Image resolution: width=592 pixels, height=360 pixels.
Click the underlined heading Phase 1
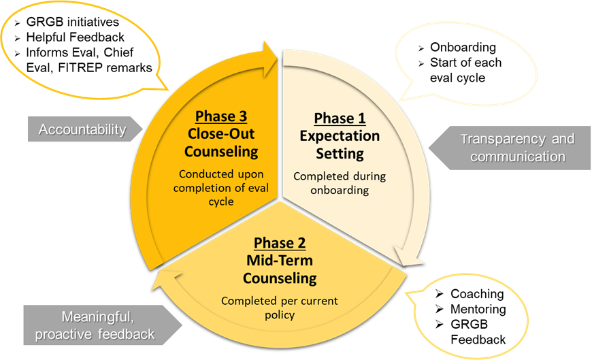coord(340,118)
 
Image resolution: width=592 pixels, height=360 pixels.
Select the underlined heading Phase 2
coord(280,243)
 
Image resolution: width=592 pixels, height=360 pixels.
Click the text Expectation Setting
coord(340,144)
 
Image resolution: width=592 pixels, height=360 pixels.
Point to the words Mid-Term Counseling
coord(280,269)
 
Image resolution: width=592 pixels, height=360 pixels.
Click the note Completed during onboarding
coord(340,183)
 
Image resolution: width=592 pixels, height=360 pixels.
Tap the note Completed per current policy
coord(280,308)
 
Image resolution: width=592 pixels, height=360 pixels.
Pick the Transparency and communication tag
coord(513,148)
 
